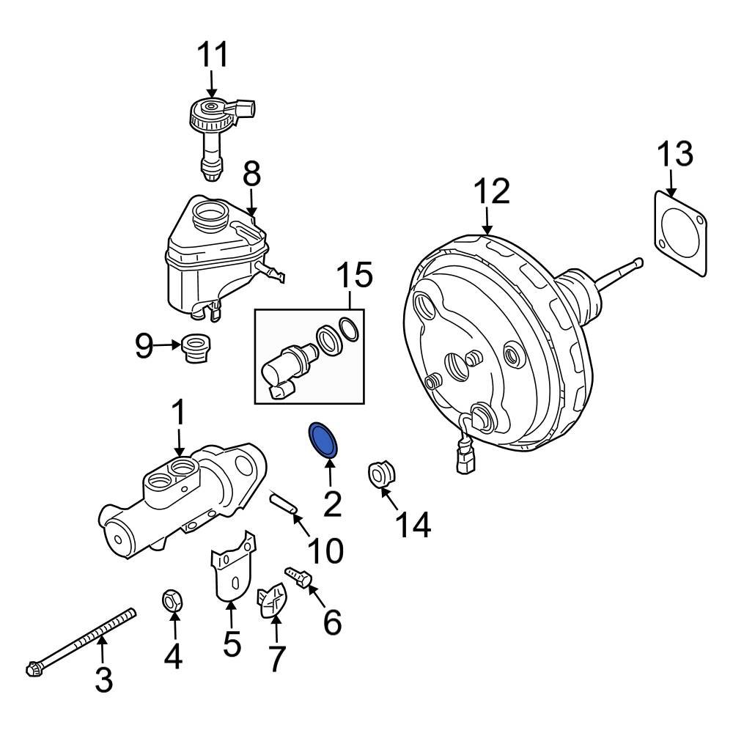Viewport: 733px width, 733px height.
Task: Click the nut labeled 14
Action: point(380,474)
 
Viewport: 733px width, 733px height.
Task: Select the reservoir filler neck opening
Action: point(210,216)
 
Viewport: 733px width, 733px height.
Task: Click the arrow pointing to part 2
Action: point(330,471)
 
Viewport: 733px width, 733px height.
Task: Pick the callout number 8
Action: point(251,174)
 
